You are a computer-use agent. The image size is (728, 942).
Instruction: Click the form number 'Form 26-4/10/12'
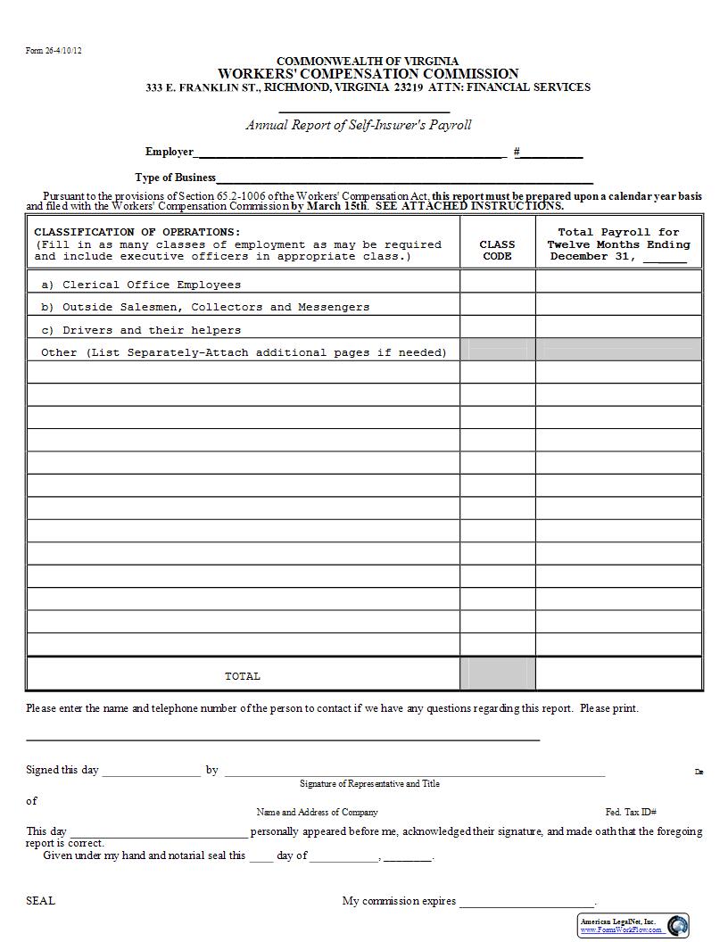54,51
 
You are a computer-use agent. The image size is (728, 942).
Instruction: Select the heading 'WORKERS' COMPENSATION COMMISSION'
368,74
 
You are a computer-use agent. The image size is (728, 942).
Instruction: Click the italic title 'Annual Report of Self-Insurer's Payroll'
359,125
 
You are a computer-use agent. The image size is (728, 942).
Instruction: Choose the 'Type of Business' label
175,178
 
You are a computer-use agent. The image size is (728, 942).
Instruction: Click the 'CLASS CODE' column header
497,250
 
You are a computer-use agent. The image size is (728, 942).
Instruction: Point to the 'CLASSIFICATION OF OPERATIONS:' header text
137,232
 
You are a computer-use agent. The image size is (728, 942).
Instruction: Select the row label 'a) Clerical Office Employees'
141,285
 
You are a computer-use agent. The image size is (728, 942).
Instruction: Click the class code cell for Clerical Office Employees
497,282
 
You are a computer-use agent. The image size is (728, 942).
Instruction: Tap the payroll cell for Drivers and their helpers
618,327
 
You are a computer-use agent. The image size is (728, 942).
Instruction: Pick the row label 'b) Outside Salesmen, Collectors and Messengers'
205,307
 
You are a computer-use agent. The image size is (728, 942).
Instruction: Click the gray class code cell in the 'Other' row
497,350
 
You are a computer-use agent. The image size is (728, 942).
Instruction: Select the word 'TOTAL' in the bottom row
243,676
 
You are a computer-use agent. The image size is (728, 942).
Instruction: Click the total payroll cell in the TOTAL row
618,673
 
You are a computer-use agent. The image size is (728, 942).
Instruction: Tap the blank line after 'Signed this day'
151,772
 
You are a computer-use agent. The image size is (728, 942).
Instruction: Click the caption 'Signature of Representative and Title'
369,784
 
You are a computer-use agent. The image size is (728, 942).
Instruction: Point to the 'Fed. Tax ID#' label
631,813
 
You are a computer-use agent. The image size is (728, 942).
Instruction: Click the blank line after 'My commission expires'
526,902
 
